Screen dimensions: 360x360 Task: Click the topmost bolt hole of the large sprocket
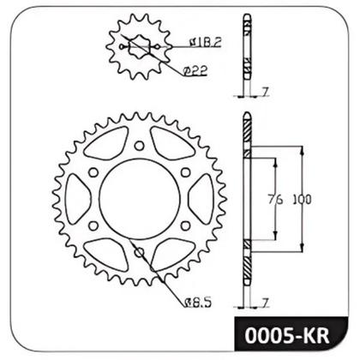(139, 145)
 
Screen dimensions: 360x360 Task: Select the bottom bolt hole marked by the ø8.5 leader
(139, 253)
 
